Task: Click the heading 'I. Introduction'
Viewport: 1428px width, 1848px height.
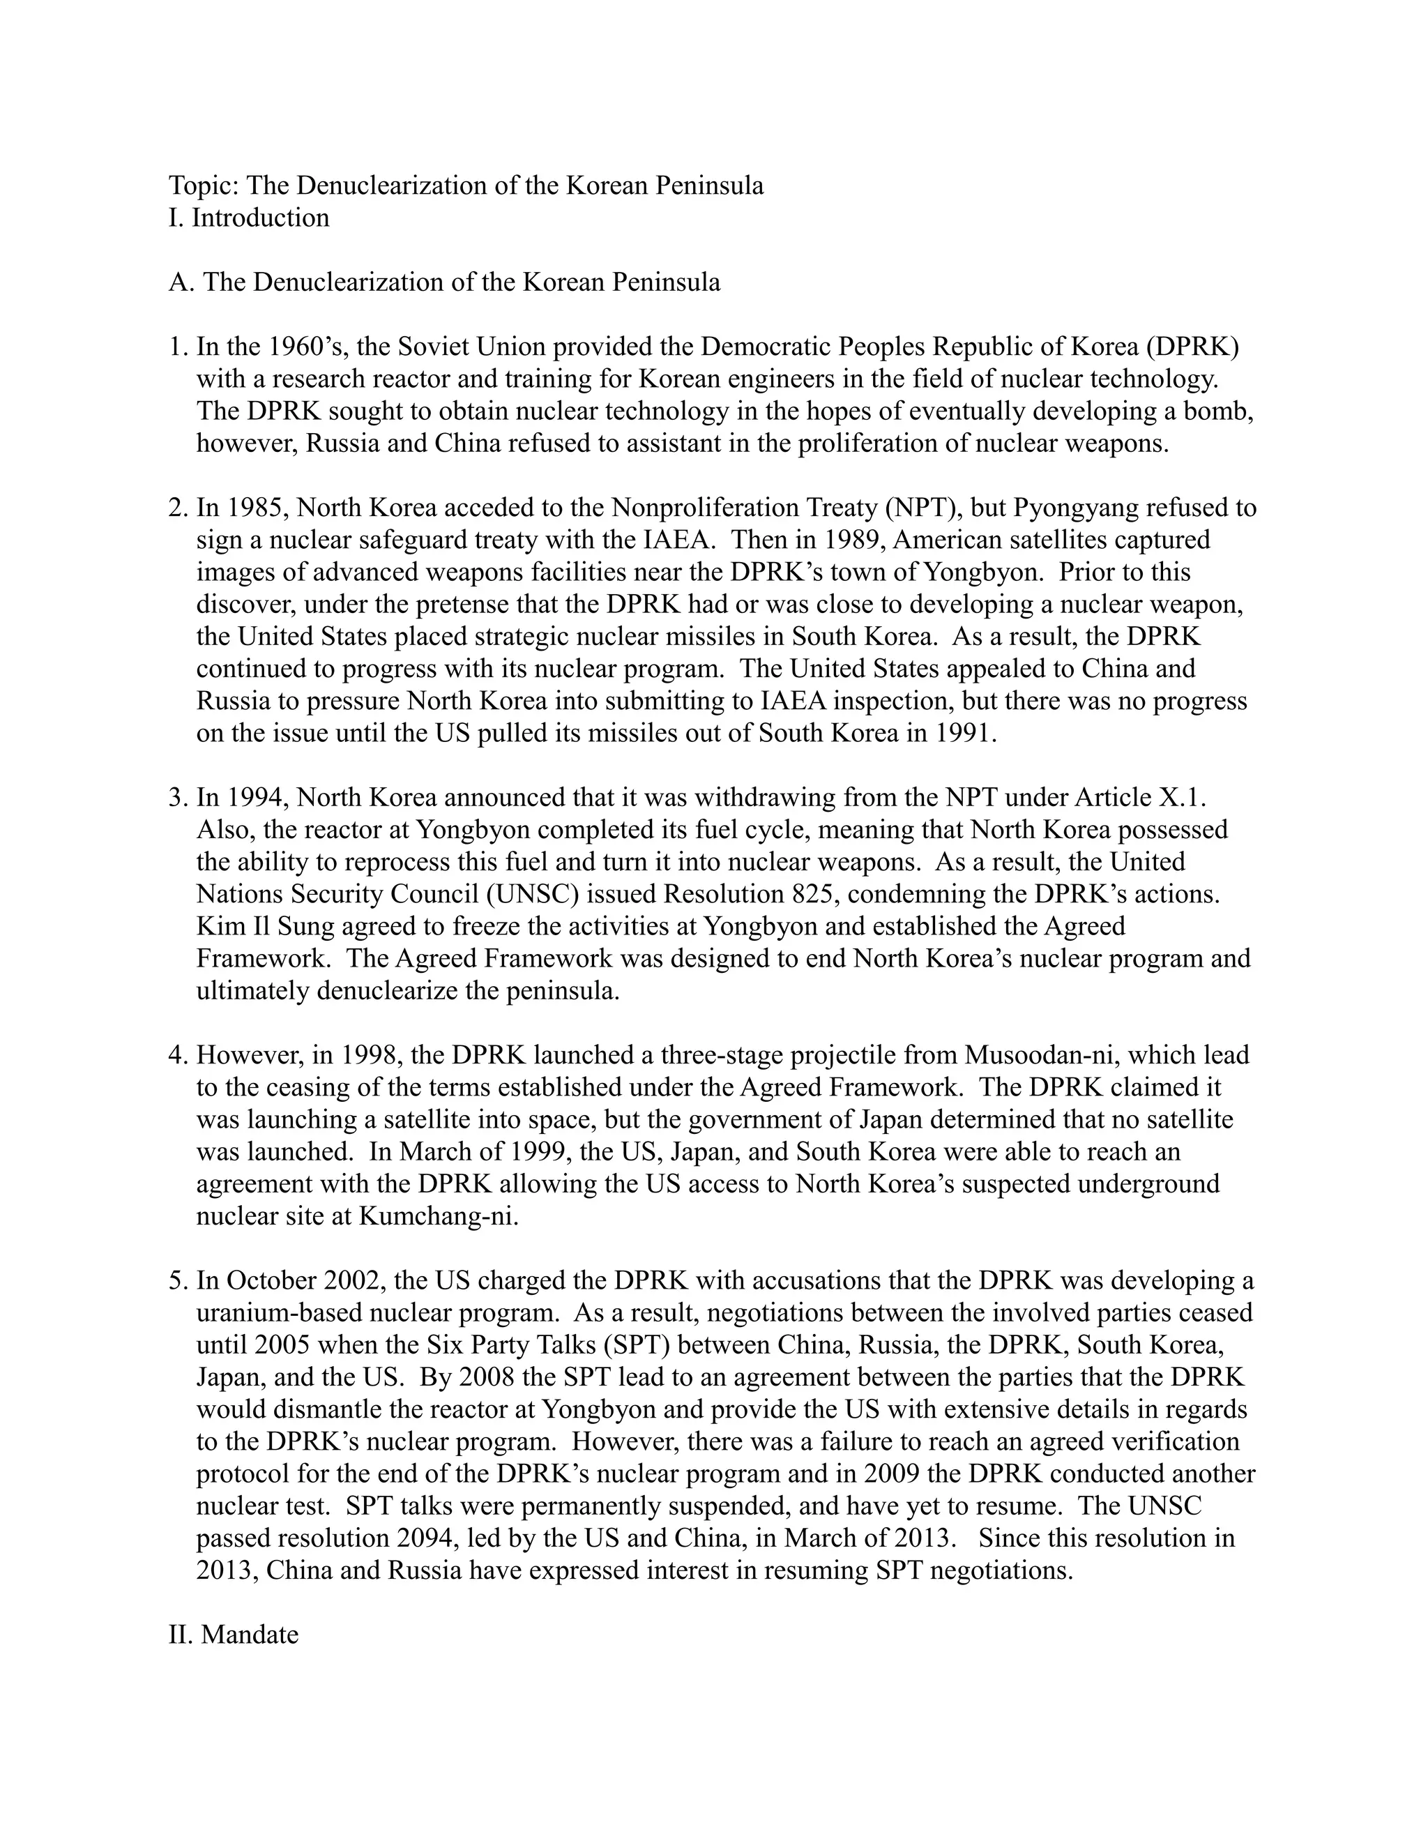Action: [x=249, y=218]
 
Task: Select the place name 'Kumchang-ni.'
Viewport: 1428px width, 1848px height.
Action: [x=438, y=1216]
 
